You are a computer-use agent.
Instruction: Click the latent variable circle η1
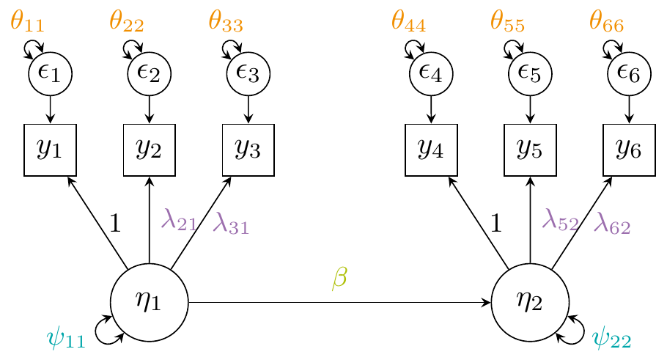pos(150,302)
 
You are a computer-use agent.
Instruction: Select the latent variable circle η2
pos(530,302)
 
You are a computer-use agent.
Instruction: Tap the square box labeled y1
pos(50,150)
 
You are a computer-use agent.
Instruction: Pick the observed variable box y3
pos(248,150)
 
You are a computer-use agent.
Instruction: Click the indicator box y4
pos(431,150)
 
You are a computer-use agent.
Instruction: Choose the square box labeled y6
pos(629,150)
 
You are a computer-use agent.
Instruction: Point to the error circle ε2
pos(150,73)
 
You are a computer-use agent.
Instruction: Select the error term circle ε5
pos(530,73)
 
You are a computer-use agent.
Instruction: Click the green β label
pos(339,278)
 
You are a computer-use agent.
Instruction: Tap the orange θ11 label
pos(27,21)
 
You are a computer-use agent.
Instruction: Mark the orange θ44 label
pos(408,21)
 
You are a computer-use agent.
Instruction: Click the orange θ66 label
pos(606,21)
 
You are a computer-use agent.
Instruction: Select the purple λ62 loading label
pos(612,222)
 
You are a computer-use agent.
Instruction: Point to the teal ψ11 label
pos(66,339)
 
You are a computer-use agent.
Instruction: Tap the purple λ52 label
pos(559,219)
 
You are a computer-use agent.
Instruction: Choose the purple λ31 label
pos(230,222)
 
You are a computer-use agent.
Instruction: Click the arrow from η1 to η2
pos(339,302)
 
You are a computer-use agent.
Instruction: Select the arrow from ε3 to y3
pos(248,109)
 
